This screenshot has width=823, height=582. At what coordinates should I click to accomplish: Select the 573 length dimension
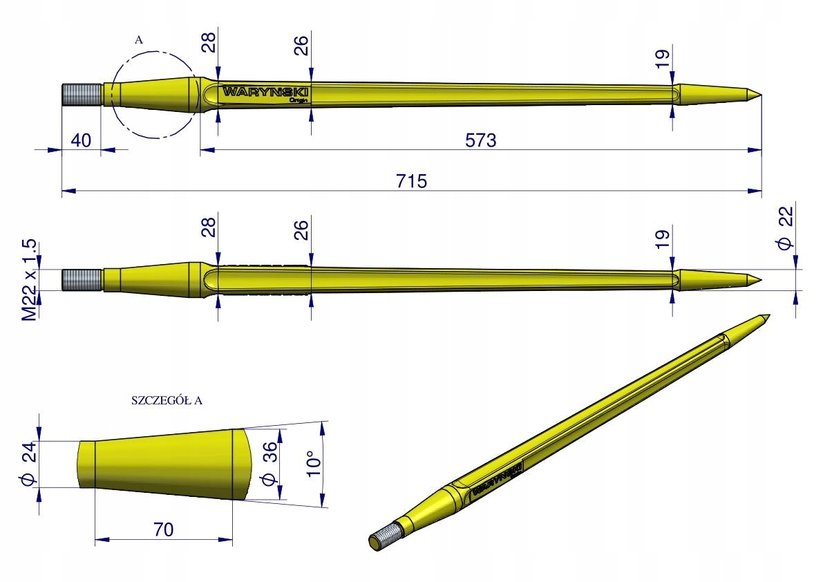(481, 140)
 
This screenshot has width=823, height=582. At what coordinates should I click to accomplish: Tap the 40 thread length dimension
(81, 140)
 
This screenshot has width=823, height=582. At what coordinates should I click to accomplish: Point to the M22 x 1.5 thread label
(28, 280)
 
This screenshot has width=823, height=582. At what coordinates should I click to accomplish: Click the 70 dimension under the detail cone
(163, 529)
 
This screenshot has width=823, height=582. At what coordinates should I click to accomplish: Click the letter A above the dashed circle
(139, 40)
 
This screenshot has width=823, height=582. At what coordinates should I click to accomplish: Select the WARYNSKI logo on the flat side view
(265, 91)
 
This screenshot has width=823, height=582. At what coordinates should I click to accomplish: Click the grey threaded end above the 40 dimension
(82, 94)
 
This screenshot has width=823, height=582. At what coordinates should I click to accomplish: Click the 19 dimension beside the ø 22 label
(663, 239)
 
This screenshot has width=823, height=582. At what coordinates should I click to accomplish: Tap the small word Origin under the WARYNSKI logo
(299, 100)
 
